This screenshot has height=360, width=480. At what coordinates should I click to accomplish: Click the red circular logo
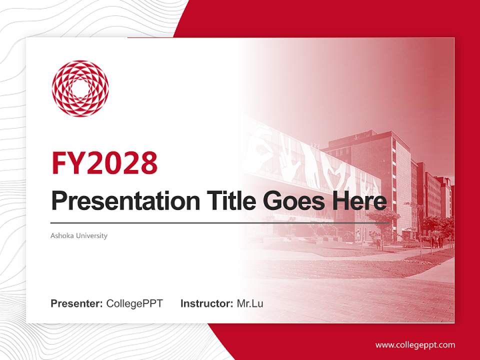(80, 88)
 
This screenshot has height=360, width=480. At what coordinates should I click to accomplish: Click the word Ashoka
(61, 235)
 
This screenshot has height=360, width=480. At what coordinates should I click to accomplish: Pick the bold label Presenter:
(77, 303)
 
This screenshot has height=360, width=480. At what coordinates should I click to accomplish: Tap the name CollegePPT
(134, 303)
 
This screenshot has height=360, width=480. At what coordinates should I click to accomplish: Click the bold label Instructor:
(207, 303)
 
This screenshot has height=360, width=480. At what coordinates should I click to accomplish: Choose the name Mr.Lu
(250, 303)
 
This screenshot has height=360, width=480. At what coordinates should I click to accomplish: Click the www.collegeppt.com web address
(415, 344)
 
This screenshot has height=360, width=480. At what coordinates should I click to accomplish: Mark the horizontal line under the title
(220, 222)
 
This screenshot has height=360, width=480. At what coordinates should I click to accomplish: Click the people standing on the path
(439, 242)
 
